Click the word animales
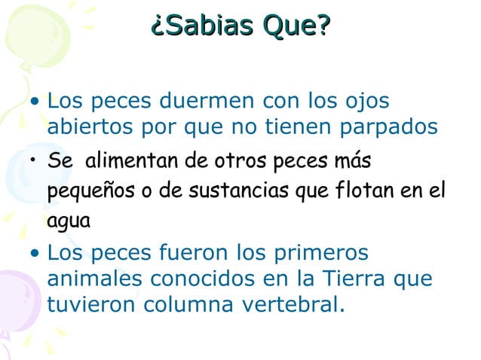point(94,278)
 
